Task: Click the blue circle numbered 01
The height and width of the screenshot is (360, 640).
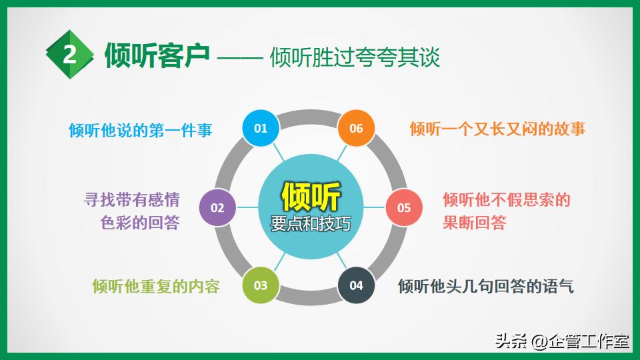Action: pyautogui.click(x=260, y=128)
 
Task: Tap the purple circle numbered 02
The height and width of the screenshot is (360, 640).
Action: pyautogui.click(x=218, y=207)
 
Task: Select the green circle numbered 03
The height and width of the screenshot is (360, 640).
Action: pyautogui.click(x=260, y=285)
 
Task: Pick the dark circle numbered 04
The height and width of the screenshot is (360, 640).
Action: pyautogui.click(x=356, y=285)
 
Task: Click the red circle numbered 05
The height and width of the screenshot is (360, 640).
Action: pyautogui.click(x=404, y=207)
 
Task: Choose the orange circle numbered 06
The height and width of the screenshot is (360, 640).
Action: pyautogui.click(x=356, y=128)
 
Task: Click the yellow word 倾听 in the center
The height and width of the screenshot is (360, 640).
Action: pyautogui.click(x=311, y=197)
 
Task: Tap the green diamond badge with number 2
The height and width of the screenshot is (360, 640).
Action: pyautogui.click(x=70, y=55)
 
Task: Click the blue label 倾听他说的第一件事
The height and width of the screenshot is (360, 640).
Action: pyautogui.click(x=141, y=130)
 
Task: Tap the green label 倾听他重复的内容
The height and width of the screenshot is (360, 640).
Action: pyautogui.click(x=156, y=286)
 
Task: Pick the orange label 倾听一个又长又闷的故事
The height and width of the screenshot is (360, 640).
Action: pyautogui.click(x=497, y=129)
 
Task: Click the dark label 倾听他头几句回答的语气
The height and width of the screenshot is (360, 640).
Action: pyautogui.click(x=485, y=286)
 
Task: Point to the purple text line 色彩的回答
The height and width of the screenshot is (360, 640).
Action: pyautogui.click(x=140, y=223)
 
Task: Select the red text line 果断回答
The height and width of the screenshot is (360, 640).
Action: pyautogui.click(x=474, y=223)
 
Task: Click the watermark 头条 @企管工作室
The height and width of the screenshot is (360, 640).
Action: pyautogui.click(x=561, y=342)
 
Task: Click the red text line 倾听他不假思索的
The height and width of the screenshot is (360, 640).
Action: pyautogui.click(x=506, y=199)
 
